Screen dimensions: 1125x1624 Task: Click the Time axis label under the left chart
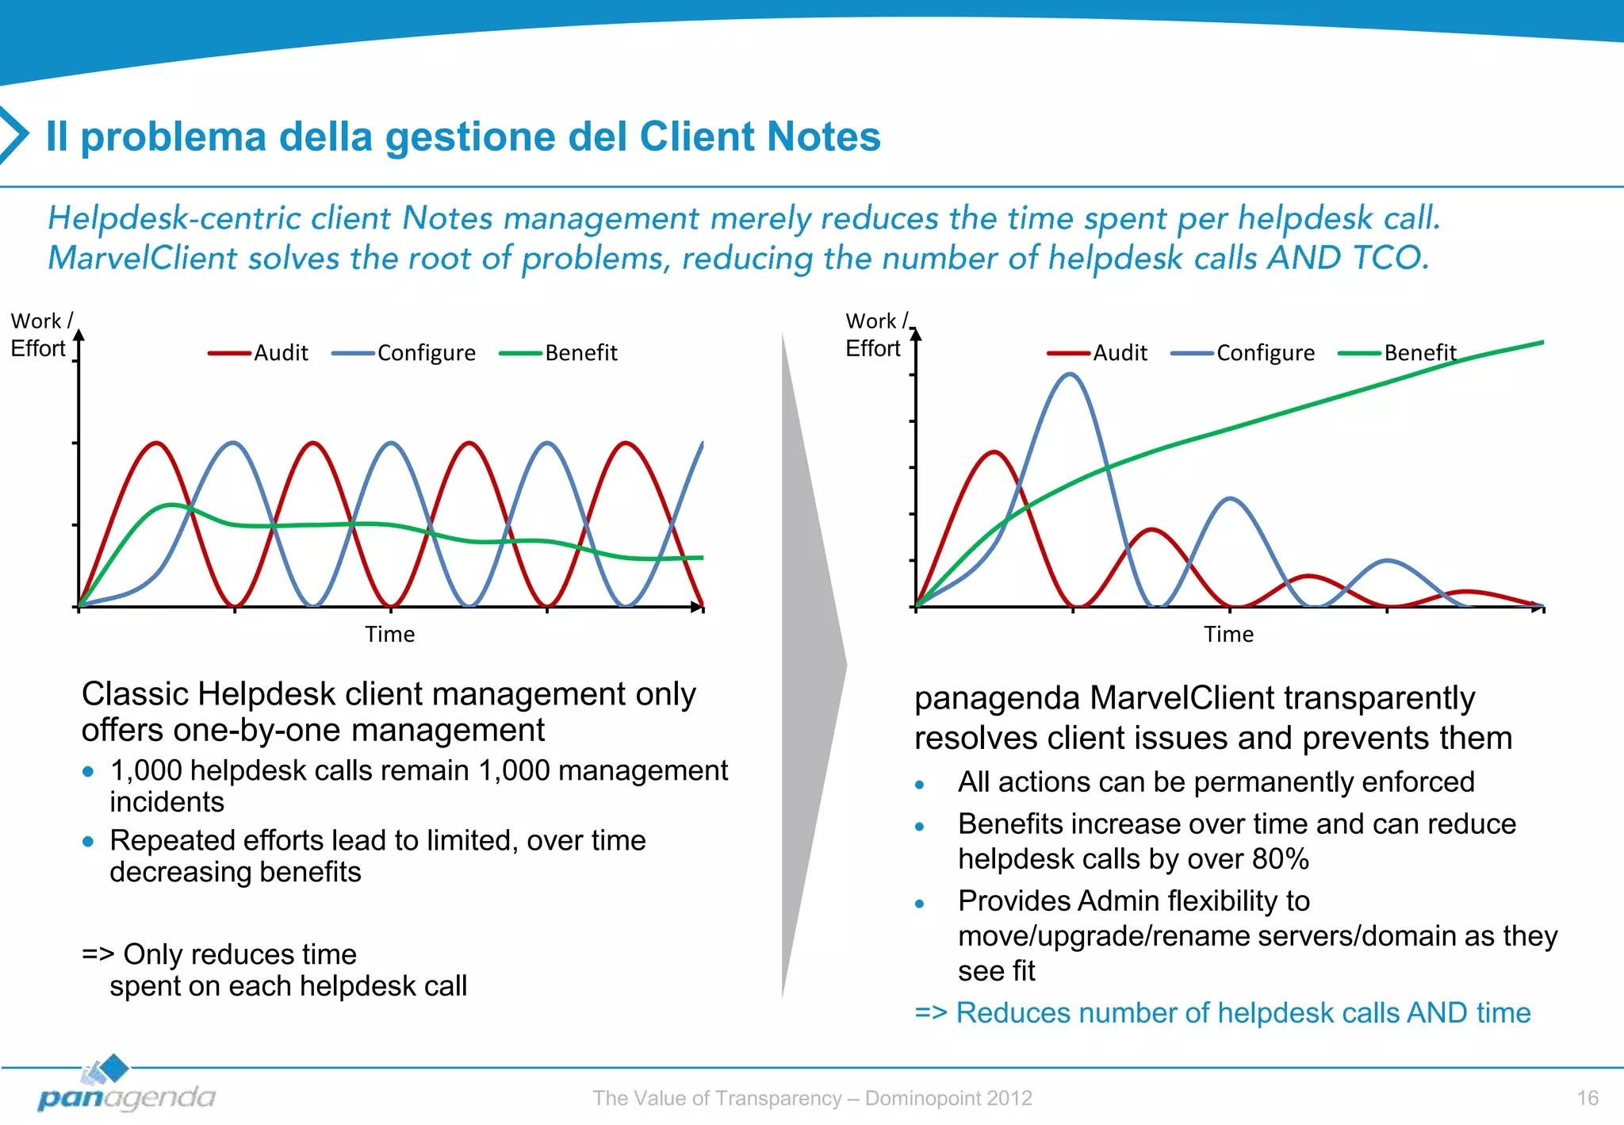[x=389, y=635]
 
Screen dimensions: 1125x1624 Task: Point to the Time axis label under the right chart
[x=1228, y=635]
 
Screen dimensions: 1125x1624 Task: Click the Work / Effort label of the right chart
[x=875, y=335]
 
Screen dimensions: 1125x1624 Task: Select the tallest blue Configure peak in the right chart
[x=1070, y=374]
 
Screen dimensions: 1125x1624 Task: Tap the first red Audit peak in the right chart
[x=994, y=452]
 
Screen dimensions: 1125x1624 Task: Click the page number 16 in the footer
[x=1587, y=1098]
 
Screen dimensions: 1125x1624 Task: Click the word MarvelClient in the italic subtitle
[x=143, y=259]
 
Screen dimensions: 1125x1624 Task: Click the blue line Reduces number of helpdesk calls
[x=1222, y=1013]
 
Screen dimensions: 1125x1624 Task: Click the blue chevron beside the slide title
[x=13, y=135]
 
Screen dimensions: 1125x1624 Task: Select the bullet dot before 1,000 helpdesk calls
[x=88, y=771]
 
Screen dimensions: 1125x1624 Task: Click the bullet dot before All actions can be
[x=919, y=785]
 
